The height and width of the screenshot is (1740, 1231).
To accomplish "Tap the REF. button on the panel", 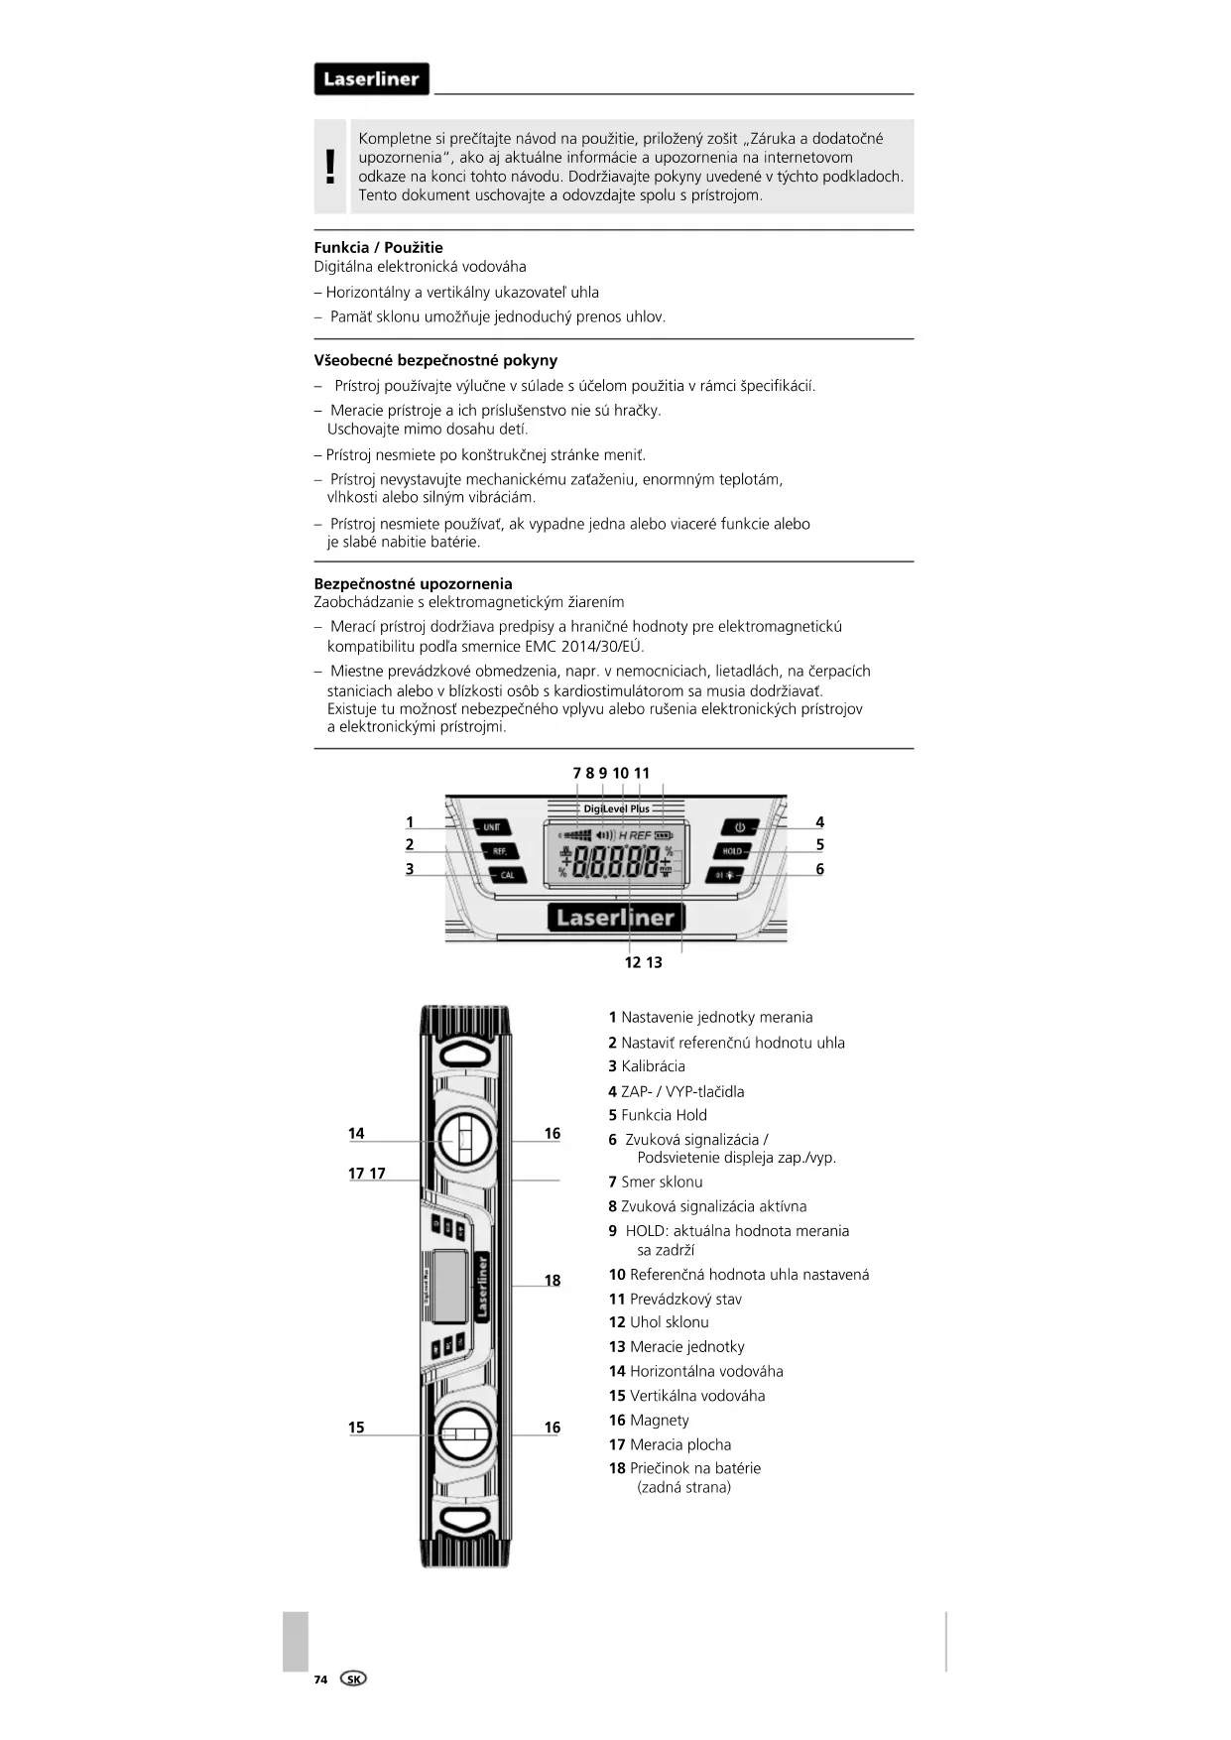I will (499, 851).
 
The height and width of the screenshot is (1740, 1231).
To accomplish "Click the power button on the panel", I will (739, 827).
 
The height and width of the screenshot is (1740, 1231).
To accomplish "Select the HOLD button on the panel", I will (732, 851).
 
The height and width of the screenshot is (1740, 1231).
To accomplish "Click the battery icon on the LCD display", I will (664, 835).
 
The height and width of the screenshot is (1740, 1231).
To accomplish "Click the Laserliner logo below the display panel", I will (615, 918).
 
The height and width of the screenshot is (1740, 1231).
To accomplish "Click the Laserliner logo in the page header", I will (371, 79).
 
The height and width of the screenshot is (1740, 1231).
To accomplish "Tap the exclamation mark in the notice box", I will (330, 167).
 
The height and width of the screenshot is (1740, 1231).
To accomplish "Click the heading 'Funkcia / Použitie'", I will (379, 248).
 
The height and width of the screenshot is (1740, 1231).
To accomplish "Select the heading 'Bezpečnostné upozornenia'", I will (413, 584).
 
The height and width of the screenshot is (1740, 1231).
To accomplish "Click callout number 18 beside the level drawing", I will (553, 1281).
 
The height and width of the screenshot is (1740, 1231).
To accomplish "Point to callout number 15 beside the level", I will (356, 1428).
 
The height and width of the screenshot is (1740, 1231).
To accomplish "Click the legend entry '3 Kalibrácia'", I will (647, 1066).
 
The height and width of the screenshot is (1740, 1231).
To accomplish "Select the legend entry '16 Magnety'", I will (649, 1421).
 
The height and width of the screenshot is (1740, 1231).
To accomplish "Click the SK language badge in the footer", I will (353, 1678).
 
